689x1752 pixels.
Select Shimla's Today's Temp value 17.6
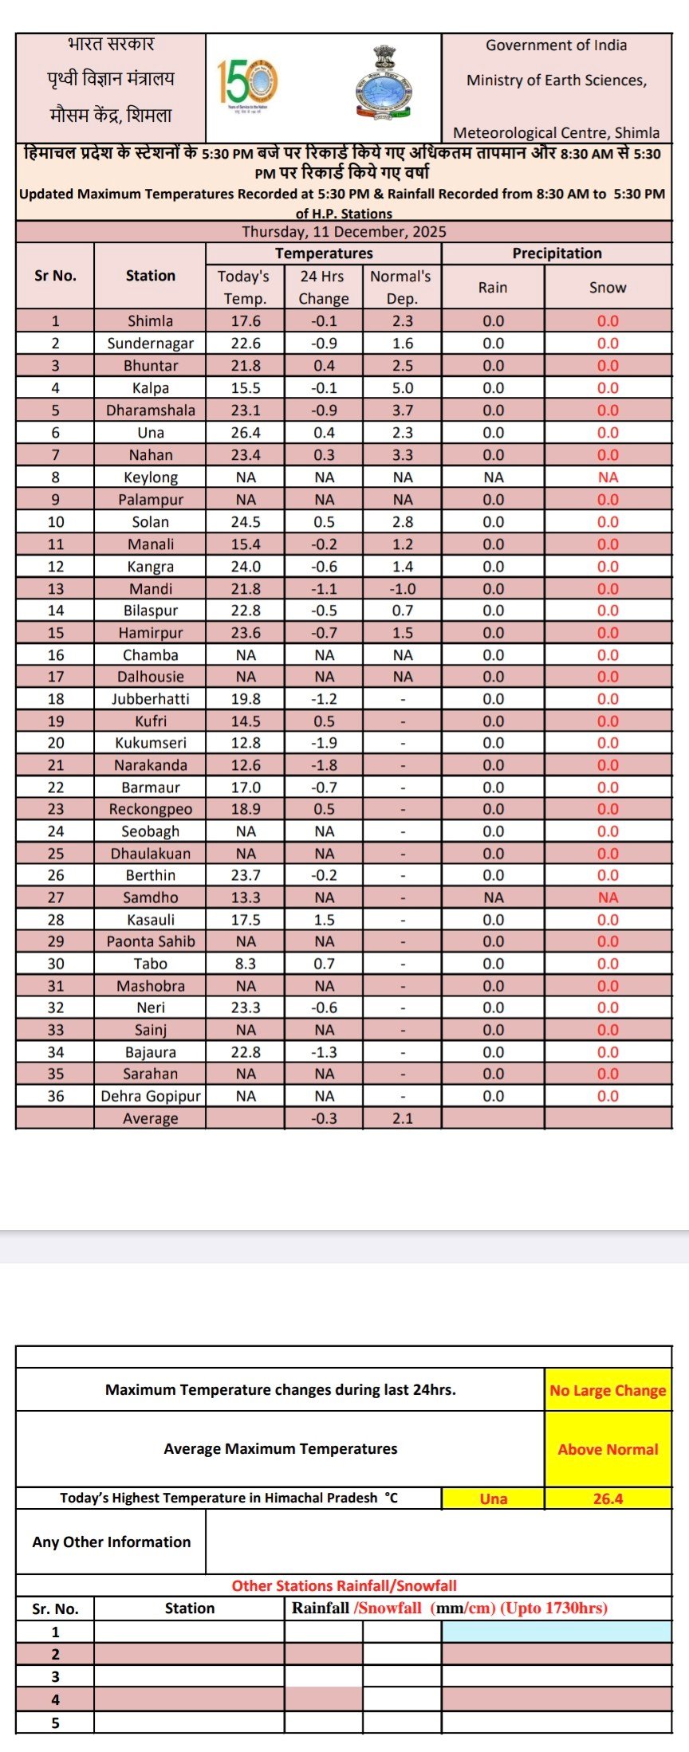[x=246, y=321]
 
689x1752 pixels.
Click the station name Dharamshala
[x=151, y=411]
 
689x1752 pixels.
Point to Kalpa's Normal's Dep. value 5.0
[x=403, y=388]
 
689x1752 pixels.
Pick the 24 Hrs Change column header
[x=324, y=287]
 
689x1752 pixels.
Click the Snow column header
[x=608, y=288]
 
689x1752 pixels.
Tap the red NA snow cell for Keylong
[x=608, y=477]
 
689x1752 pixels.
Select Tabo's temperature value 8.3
[x=246, y=964]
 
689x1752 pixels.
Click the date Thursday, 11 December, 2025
[x=344, y=232]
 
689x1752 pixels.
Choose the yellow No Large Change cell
[x=608, y=1391]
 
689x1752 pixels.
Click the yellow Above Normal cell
[x=608, y=1450]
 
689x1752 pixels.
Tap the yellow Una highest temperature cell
[x=494, y=1499]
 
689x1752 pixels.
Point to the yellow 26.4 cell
[x=608, y=1499]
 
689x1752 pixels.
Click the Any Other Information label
[x=112, y=1542]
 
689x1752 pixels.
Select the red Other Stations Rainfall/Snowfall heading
[x=344, y=1586]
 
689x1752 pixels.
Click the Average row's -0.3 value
[x=324, y=1119]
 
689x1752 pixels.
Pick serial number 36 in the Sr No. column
[x=56, y=1097]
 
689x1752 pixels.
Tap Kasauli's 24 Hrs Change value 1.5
[x=324, y=920]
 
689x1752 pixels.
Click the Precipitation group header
[x=557, y=253]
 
